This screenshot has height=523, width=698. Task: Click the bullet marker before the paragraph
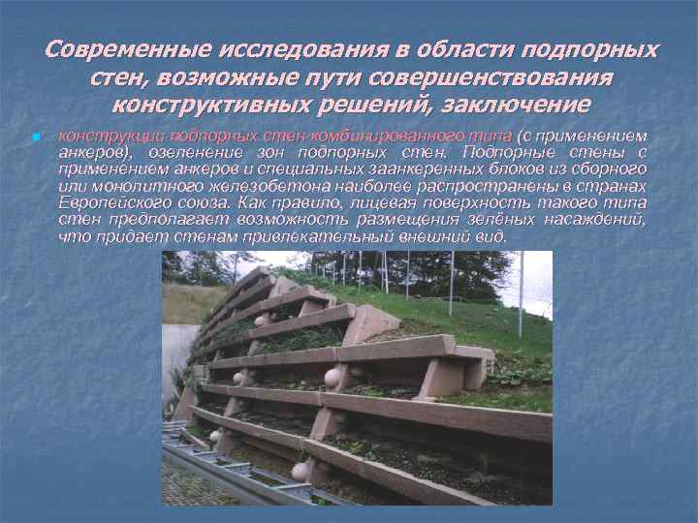35,138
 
